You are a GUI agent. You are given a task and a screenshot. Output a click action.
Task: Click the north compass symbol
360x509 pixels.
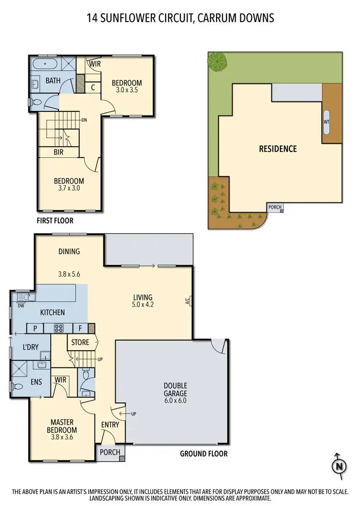[x=339, y=465]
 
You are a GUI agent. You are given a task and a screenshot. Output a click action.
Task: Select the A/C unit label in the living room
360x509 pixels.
[x=188, y=301]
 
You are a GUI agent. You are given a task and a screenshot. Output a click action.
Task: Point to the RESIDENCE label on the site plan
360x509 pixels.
[x=278, y=149]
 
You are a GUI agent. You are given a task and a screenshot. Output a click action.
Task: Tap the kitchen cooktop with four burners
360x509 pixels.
[x=58, y=329]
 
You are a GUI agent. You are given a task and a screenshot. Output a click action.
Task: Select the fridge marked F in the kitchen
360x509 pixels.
[x=80, y=329]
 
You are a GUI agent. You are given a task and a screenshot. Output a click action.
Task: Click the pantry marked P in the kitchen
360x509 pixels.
[x=35, y=329]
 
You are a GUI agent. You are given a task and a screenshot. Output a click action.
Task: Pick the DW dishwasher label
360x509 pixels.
[x=20, y=305]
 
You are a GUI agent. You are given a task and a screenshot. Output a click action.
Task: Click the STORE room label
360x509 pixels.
[x=80, y=343]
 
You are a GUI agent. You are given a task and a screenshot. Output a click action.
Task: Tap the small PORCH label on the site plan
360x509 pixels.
[x=275, y=207]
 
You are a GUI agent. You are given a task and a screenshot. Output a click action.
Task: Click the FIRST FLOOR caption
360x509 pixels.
[x=55, y=221]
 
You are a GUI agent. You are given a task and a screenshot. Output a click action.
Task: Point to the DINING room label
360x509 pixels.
[x=69, y=251]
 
